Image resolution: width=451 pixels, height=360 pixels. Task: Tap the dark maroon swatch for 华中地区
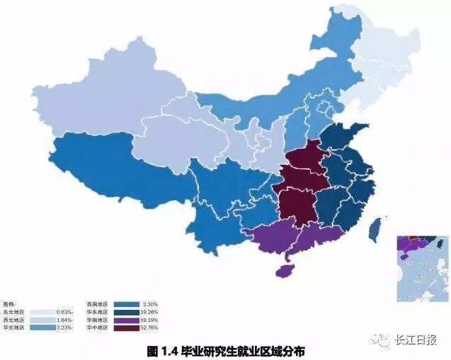125,327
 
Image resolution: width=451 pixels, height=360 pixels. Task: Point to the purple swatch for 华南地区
125,320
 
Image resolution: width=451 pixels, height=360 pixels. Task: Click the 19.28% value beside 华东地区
149,311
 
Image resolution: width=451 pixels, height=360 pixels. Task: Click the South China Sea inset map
423,269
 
